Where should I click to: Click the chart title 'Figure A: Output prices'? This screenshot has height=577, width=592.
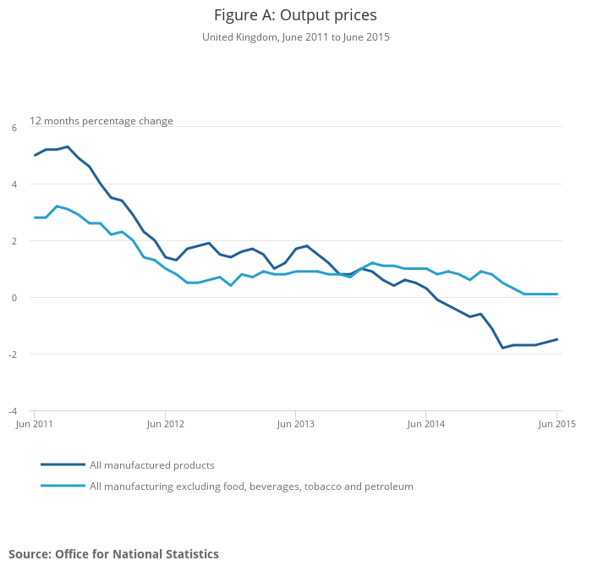pos(295,15)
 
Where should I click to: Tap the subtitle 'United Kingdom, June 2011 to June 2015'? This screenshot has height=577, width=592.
pos(295,37)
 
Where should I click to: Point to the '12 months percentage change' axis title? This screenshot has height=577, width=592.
pos(101,121)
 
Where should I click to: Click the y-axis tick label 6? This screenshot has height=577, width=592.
pos(14,128)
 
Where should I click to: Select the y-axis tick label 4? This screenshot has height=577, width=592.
pos(14,184)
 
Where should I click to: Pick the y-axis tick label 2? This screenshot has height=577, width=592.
pos(14,241)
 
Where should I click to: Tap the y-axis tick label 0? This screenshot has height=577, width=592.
pos(14,298)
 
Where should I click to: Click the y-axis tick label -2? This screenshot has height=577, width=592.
pos(13,354)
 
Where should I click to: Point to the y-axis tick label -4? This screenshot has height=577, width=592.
pos(13,411)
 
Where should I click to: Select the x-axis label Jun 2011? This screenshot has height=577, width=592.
pos(35,423)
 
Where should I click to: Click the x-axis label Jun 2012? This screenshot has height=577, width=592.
pos(165,423)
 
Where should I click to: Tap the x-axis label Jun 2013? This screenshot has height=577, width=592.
pos(295,423)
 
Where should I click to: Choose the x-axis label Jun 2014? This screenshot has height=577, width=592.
pos(425,423)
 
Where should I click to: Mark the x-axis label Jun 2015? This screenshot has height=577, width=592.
pos(556,423)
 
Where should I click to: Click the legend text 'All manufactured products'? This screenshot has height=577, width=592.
pos(152,465)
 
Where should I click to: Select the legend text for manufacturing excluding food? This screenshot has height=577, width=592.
pos(251,486)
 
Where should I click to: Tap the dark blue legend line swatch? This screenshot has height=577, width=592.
pos(63,464)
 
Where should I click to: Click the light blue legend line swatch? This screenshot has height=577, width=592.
pos(63,486)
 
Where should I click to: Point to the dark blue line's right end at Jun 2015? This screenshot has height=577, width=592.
pos(556,339)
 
